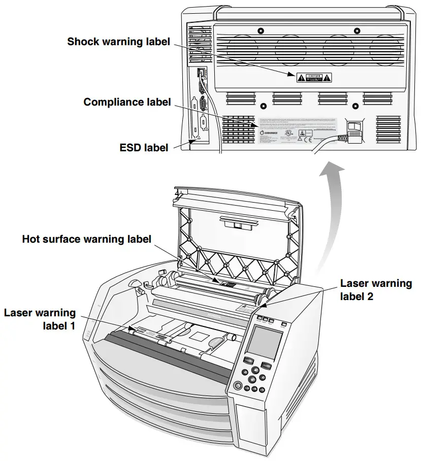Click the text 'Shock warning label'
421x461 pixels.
coord(119,42)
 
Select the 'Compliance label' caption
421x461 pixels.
coord(127,102)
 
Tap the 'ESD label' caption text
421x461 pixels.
coord(144,148)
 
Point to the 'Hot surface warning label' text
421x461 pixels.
coord(87,239)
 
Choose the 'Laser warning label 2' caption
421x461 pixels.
coord(376,289)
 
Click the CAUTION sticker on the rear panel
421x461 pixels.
coord(314,77)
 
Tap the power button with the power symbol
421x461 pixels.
coord(237,386)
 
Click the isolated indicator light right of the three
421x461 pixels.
coord(284,323)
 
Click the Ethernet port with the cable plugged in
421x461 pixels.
coord(201,72)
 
